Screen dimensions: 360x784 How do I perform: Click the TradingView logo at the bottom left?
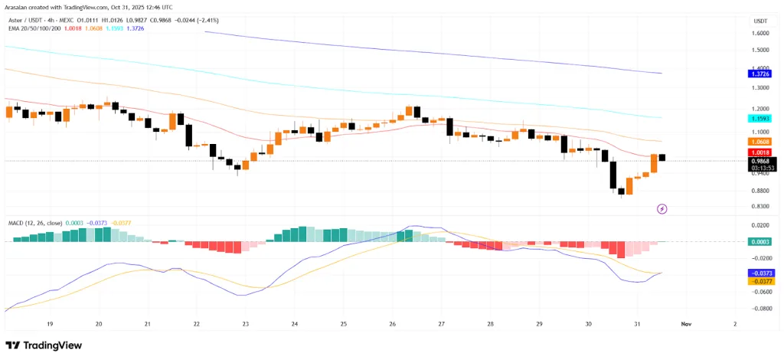click(44, 345)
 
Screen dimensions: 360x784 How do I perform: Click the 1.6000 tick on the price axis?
click(760, 33)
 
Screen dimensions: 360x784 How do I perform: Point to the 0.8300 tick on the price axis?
click(760, 206)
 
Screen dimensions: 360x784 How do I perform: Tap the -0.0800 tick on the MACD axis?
click(759, 308)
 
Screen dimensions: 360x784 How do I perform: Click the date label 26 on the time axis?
click(393, 324)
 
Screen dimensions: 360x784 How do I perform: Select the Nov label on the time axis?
click(687, 324)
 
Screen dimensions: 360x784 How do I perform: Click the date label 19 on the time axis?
click(50, 324)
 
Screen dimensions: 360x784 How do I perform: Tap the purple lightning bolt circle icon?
click(662, 208)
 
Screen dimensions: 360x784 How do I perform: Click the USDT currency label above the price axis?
click(760, 21)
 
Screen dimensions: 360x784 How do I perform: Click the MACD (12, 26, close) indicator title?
click(35, 222)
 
